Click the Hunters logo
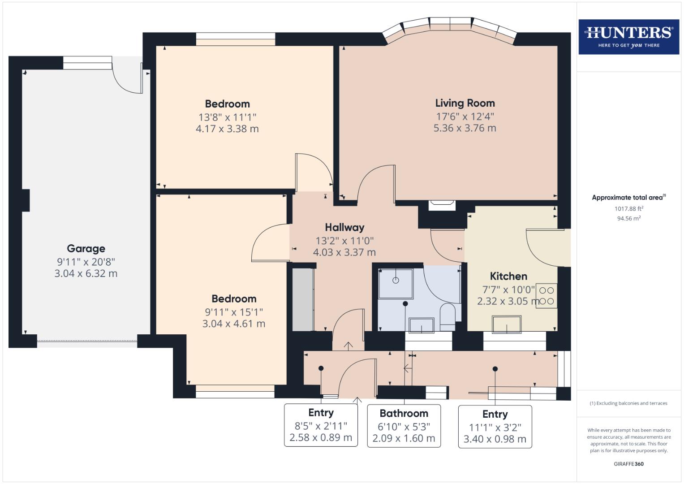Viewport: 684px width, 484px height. tap(628, 37)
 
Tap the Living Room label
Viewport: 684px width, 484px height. tap(465, 103)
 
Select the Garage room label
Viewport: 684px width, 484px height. tap(86, 248)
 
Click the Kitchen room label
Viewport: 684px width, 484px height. tap(508, 276)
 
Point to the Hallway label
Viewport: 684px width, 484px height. tap(344, 227)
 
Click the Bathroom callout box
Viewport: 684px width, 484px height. tap(404, 426)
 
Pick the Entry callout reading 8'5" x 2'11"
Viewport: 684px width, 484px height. tap(321, 425)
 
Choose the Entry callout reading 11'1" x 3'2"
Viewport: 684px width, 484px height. tap(495, 426)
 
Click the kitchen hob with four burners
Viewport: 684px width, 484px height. tap(547, 296)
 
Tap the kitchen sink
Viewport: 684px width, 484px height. tap(507, 324)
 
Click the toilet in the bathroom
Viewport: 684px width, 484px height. tap(447, 315)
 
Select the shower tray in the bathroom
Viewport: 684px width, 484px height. tap(396, 284)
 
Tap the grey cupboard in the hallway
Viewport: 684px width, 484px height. tap(302, 299)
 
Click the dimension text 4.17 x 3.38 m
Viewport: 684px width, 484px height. tap(227, 129)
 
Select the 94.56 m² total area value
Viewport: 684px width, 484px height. tap(628, 219)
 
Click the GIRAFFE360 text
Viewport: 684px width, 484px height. tap(628, 464)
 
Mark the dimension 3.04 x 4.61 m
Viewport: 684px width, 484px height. tap(234, 324)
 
